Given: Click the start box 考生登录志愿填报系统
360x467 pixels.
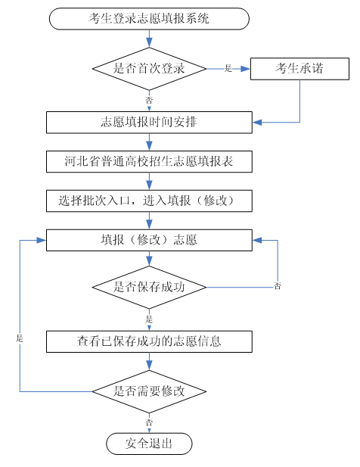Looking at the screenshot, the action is pos(149,19).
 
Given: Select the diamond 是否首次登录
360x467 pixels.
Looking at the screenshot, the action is pos(149,69).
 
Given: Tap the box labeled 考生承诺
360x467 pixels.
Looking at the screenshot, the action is pos(299,69).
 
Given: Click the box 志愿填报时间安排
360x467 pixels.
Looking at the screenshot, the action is pos(149,123).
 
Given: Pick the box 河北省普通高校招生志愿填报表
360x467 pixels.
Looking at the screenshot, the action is pos(149,162).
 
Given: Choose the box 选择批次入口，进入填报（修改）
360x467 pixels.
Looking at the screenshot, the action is pos(149,201).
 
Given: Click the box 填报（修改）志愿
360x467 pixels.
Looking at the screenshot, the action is pos(149,240).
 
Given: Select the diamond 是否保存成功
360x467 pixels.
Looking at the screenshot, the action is pos(149,288).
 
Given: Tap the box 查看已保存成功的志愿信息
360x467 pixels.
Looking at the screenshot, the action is pos(149,341).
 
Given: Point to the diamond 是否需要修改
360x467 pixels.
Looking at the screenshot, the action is pos(149,391).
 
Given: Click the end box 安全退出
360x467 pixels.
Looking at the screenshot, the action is pos(149,444).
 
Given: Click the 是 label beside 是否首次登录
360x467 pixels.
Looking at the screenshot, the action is pos(228,68).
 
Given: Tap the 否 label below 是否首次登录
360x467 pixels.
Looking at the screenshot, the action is pos(149,100).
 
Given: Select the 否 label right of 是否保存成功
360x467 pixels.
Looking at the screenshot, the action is pos(278,286).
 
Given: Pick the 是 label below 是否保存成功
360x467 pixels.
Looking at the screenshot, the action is pos(149,319).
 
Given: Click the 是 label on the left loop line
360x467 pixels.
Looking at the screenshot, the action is pos(20,338).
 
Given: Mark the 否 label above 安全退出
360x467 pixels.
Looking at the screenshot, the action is pos(149,422).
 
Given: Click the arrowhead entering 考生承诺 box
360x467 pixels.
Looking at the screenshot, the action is pos(246,69).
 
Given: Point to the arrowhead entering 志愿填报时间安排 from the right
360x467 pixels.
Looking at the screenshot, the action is pos(257,123).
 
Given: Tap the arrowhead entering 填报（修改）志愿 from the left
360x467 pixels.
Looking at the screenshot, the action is pos(42,241).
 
